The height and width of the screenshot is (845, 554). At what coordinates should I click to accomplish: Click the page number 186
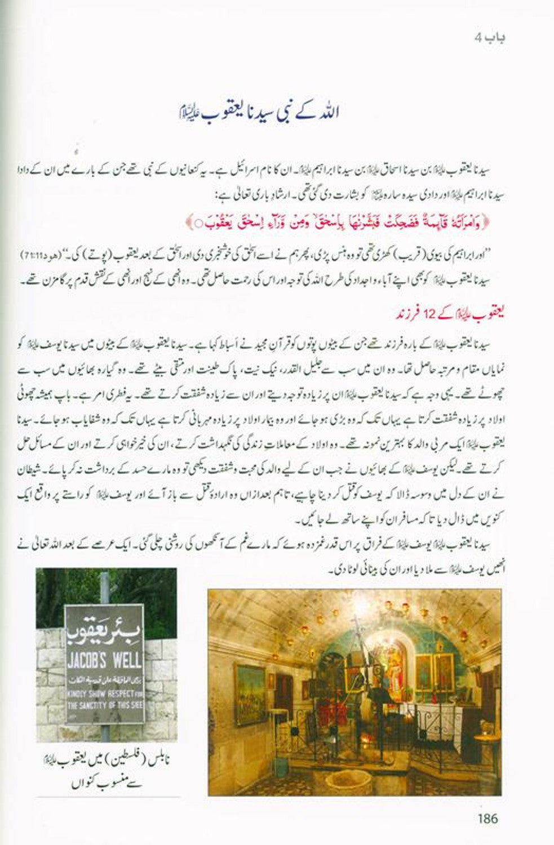pos(487,817)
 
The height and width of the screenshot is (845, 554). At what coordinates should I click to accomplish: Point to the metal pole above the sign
pos(105,586)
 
